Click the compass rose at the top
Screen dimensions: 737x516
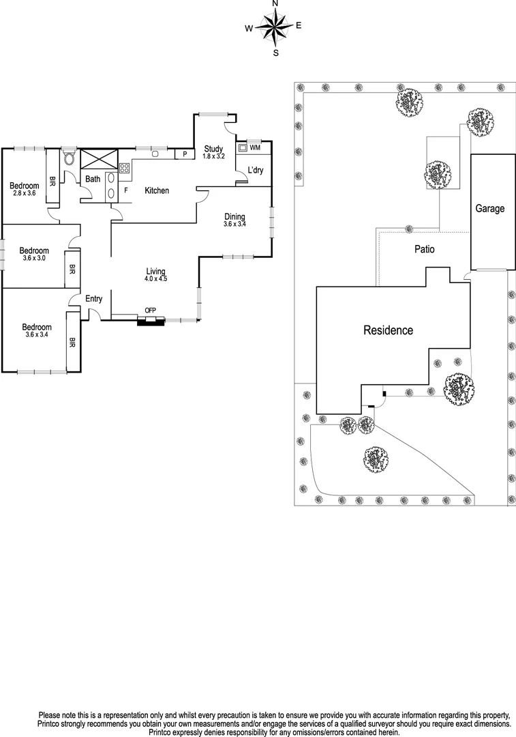click(275, 28)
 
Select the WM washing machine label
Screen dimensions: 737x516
click(255, 147)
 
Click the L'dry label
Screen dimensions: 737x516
click(255, 170)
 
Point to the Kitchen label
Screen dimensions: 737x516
click(157, 190)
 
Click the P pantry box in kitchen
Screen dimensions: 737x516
click(185, 154)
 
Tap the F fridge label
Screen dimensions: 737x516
click(126, 190)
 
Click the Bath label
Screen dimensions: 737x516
click(93, 179)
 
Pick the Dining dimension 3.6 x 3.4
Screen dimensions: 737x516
click(234, 224)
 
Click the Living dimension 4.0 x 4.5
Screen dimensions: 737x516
click(155, 278)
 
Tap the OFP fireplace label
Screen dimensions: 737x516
click(150, 311)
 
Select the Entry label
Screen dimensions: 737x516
click(93, 299)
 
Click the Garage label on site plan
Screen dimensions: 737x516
click(489, 209)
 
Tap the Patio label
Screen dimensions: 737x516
click(425, 250)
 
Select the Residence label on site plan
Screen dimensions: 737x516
click(388, 331)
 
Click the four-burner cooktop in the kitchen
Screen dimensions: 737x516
click(125, 168)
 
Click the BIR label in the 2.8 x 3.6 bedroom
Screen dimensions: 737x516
click(51, 182)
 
